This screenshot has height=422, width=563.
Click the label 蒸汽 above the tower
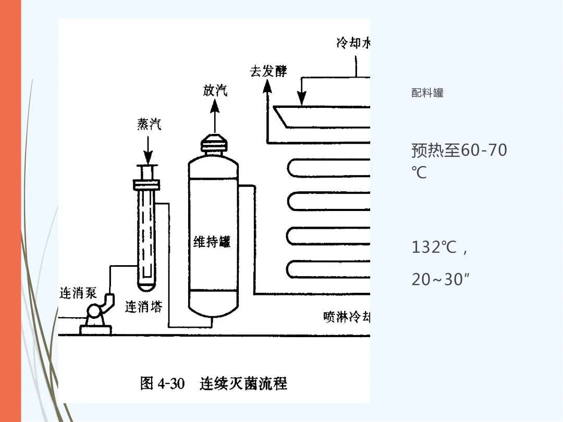click(149, 124)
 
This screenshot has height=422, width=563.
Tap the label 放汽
click(215, 91)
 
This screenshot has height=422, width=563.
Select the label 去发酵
click(268, 71)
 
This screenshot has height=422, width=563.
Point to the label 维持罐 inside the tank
click(212, 242)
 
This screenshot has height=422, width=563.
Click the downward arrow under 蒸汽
click(149, 151)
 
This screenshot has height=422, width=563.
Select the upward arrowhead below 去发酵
click(267, 87)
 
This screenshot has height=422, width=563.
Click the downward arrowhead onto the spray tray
click(301, 97)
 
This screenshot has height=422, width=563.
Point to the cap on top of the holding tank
click(214, 143)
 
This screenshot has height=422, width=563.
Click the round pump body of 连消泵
click(95, 314)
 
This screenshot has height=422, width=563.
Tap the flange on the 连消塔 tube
click(146, 184)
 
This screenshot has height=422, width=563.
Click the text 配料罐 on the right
click(427, 93)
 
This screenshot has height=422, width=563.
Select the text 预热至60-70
click(459, 151)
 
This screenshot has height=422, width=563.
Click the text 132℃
click(434, 247)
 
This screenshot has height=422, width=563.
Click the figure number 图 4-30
click(162, 384)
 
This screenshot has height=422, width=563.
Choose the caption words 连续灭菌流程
click(243, 384)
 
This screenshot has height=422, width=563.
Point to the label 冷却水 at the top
click(353, 43)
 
